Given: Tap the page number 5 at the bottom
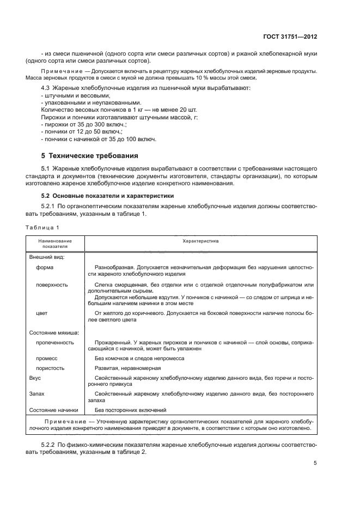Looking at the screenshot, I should (315, 463).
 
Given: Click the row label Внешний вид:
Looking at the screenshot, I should (46, 256).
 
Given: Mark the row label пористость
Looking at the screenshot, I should (51, 368).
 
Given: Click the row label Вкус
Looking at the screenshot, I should (35, 377).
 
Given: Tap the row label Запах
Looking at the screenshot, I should (37, 393).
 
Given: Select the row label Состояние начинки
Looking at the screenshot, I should (53, 410).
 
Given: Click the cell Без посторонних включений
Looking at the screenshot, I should (130, 410).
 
